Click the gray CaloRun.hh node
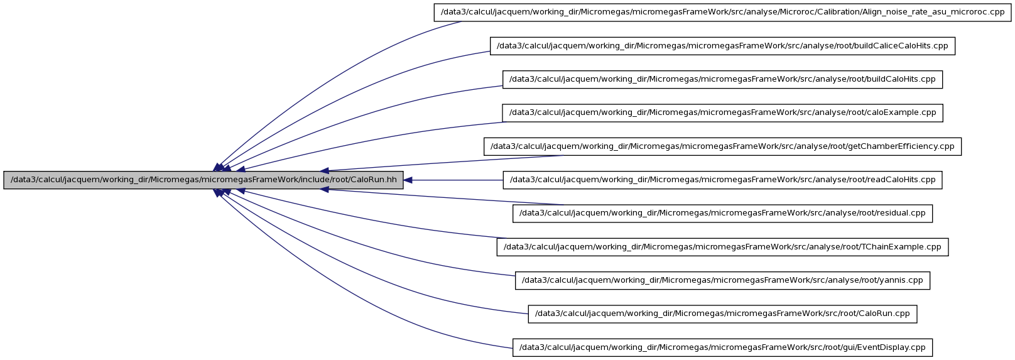pyautogui.click(x=203, y=180)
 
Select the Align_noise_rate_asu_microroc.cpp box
pyautogui.click(x=722, y=12)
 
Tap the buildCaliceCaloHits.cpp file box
pyautogui.click(x=722, y=46)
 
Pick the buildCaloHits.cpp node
pyautogui.click(x=722, y=79)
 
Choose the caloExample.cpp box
pyautogui.click(x=722, y=113)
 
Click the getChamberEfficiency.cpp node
pyautogui.click(x=722, y=146)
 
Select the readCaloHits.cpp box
pyautogui.click(x=722, y=180)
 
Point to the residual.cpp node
pyautogui.click(x=722, y=214)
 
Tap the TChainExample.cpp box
pyautogui.click(x=722, y=247)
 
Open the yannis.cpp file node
pyautogui.click(x=722, y=281)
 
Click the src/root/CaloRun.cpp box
pyautogui.click(x=722, y=314)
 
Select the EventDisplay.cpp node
pyautogui.click(x=722, y=348)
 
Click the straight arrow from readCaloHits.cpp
pyautogui.click(x=453, y=180)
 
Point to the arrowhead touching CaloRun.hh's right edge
pyautogui.click(x=408, y=180)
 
